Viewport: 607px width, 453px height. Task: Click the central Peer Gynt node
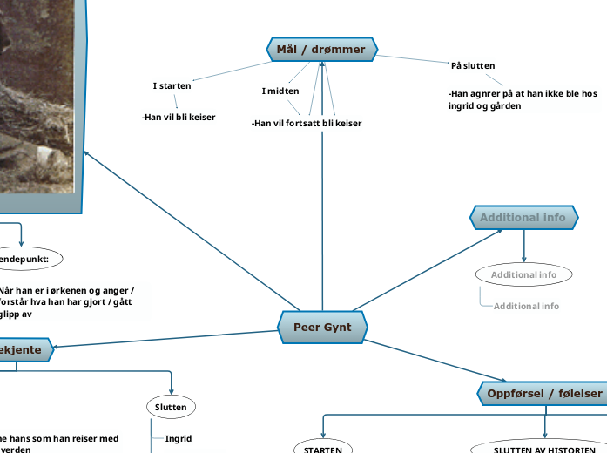click(x=322, y=328)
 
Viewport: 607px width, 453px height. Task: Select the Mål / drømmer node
click(x=320, y=50)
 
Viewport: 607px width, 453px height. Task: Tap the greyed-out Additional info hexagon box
click(x=523, y=218)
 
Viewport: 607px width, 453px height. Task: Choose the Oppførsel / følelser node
click(x=543, y=394)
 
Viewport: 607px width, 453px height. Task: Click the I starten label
click(x=172, y=85)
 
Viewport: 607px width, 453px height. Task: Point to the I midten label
click(x=280, y=91)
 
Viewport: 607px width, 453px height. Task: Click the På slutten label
click(x=473, y=65)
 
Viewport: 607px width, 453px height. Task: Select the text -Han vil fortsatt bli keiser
click(x=306, y=123)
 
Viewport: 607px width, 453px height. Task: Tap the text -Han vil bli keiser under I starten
click(x=179, y=117)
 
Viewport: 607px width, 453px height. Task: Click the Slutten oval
click(x=171, y=407)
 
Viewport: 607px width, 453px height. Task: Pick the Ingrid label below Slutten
click(x=179, y=438)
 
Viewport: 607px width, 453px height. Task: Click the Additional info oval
click(x=523, y=274)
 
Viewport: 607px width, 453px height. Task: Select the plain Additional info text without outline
click(x=526, y=306)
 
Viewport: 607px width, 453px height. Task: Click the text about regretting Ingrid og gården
click(x=523, y=99)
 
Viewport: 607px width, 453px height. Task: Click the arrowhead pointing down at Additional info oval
click(x=523, y=258)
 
